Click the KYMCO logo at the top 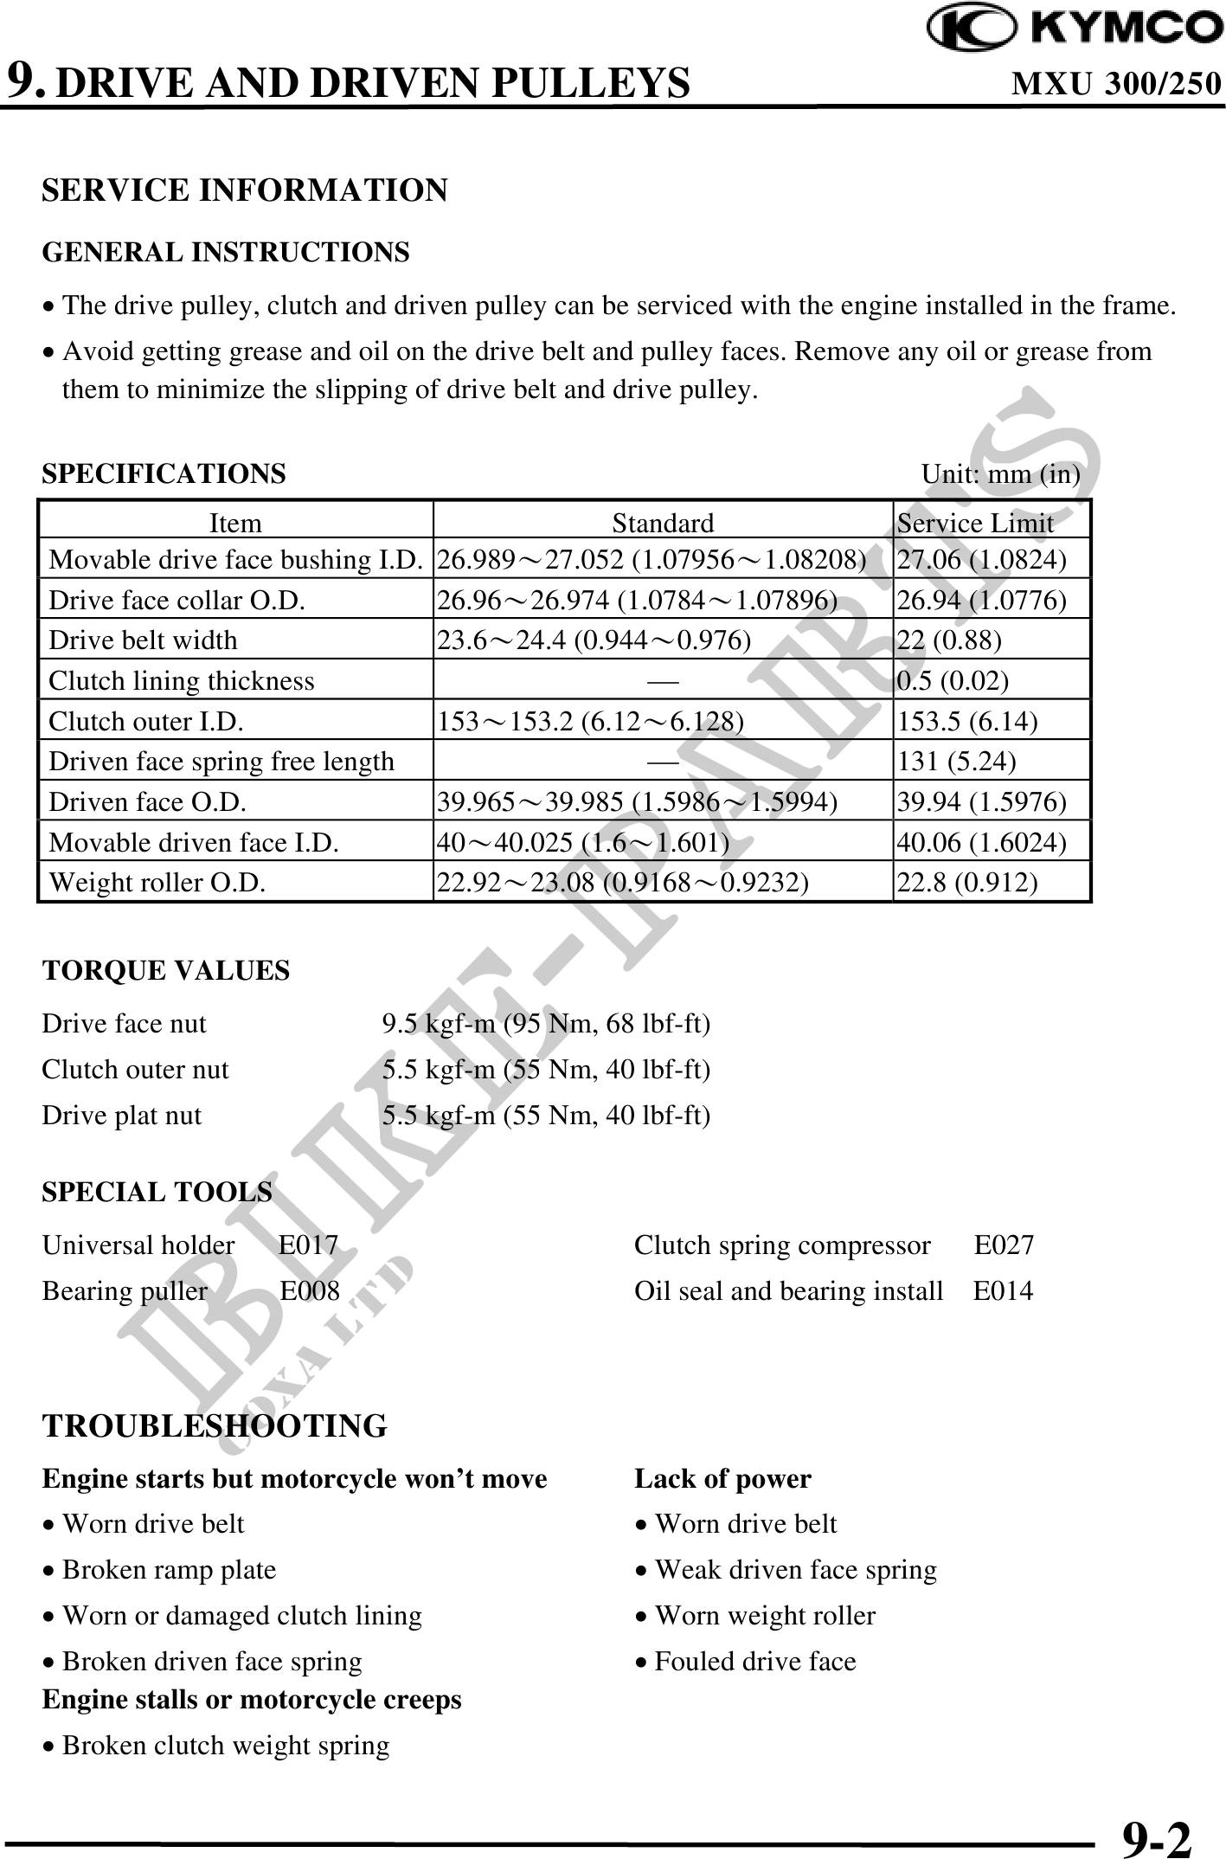tap(1075, 29)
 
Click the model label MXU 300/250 tap(1116, 84)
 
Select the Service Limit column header tap(975, 523)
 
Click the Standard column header tap(663, 523)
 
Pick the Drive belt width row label tap(143, 640)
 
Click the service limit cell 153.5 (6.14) tap(967, 721)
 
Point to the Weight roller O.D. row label tap(157, 882)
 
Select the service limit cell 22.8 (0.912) tap(967, 882)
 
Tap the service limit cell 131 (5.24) tap(956, 761)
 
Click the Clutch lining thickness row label tap(182, 680)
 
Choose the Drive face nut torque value tap(546, 1024)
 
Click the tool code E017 tap(309, 1245)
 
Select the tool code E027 tap(1004, 1245)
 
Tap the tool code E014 tap(1003, 1291)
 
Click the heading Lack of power tap(722, 1479)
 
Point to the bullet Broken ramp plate tap(169, 1570)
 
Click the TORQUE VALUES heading tap(166, 970)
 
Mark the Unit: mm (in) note tap(1000, 474)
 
